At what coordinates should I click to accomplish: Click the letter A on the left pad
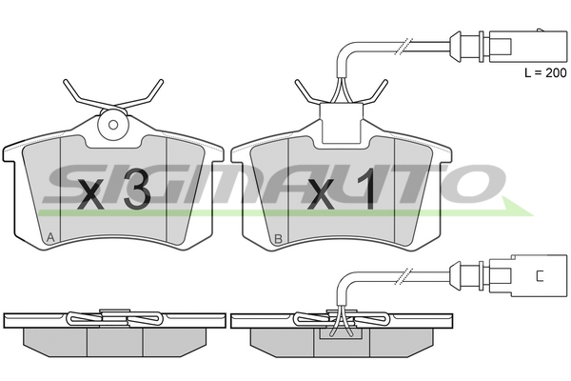[x=50, y=238]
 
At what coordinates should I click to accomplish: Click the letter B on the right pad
[x=278, y=239]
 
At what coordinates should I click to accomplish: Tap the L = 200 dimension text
[x=545, y=73]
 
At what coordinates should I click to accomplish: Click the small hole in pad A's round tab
[x=113, y=125]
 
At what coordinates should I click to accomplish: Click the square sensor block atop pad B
[x=342, y=123]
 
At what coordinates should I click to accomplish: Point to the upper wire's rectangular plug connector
[x=528, y=47]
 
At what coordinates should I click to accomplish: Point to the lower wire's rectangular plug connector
[x=528, y=275]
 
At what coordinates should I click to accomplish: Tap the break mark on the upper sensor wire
[x=404, y=47]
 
